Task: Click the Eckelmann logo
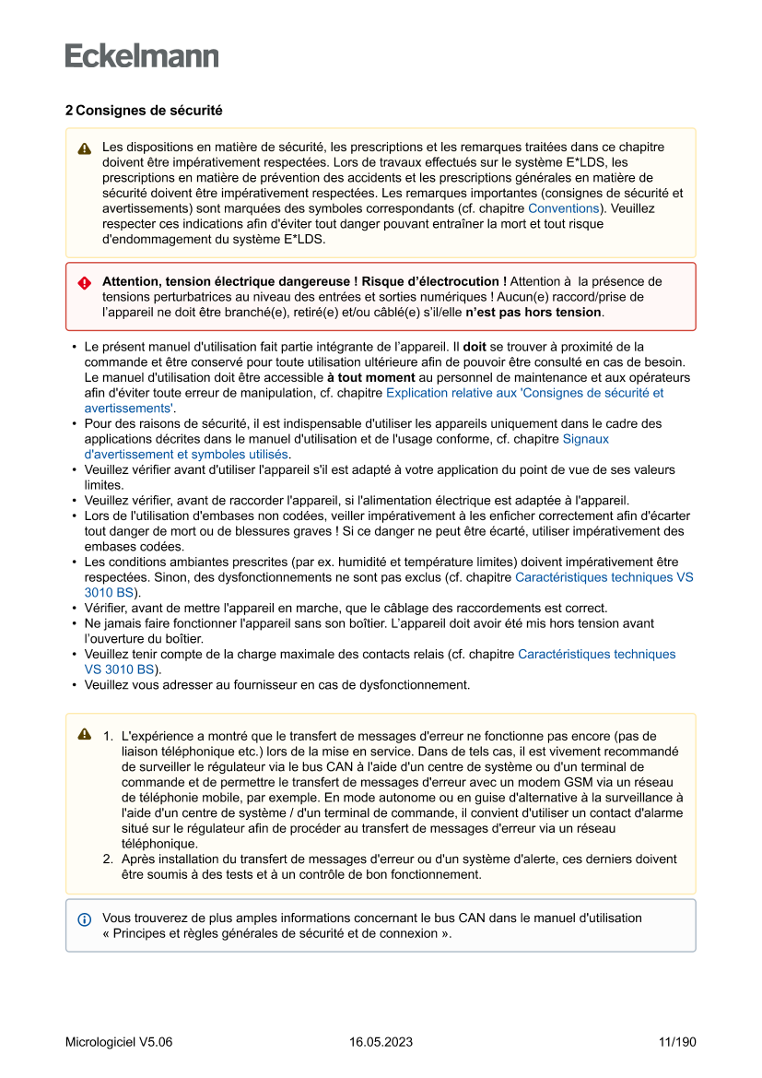coord(142,56)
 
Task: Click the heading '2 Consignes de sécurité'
coord(143,110)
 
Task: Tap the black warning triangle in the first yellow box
coord(85,148)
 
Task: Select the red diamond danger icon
coord(85,283)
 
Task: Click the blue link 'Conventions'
coord(563,208)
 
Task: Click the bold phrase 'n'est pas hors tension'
coord(533,312)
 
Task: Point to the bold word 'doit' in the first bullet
coord(475,347)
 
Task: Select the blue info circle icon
coord(85,919)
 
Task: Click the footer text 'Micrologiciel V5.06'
coord(119,1042)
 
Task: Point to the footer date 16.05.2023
coord(381,1042)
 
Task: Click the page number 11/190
coord(677,1042)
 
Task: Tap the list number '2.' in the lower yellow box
coord(108,859)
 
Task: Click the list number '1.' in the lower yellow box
coord(108,736)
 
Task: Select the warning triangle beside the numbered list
coord(85,734)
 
